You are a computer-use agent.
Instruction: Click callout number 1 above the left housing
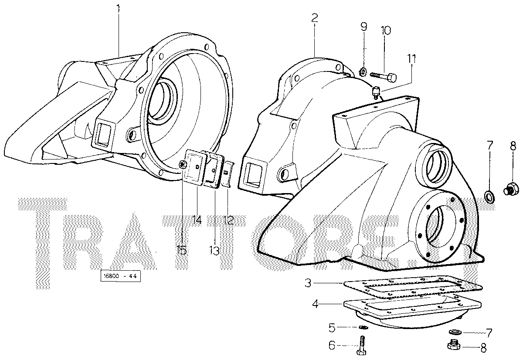[118, 9]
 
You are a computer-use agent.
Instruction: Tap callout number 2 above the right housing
[315, 18]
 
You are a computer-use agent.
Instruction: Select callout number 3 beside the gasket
[308, 283]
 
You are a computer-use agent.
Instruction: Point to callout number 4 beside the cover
[315, 304]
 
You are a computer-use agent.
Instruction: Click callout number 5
[332, 328]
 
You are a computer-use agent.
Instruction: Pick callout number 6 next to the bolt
[332, 345]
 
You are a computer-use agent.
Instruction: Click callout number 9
[363, 27]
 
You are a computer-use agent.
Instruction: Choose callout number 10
[386, 31]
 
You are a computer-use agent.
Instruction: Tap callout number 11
[412, 59]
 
